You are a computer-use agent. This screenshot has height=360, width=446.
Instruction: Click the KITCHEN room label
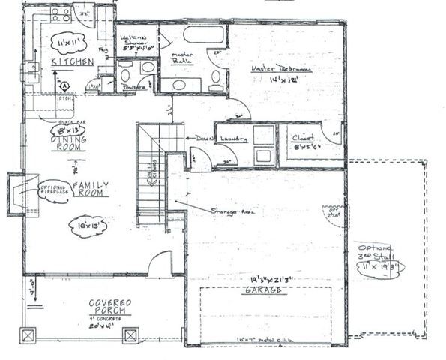[x=72, y=61]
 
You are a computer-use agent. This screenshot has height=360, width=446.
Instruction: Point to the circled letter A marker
[x=65, y=85]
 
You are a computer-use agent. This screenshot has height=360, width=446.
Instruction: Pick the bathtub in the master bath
[x=203, y=34]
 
